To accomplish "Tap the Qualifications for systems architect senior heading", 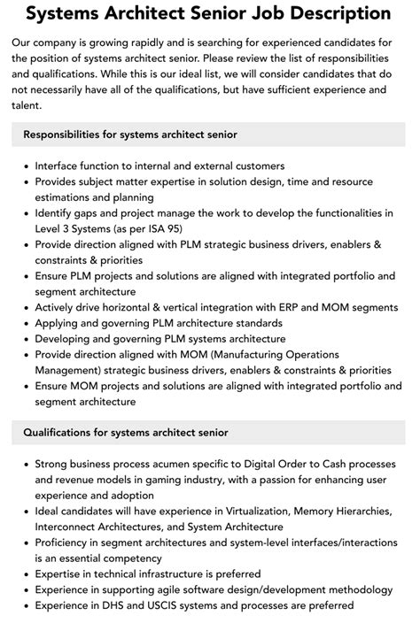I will [126, 432].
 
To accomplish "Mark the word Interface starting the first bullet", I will [58, 165].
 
